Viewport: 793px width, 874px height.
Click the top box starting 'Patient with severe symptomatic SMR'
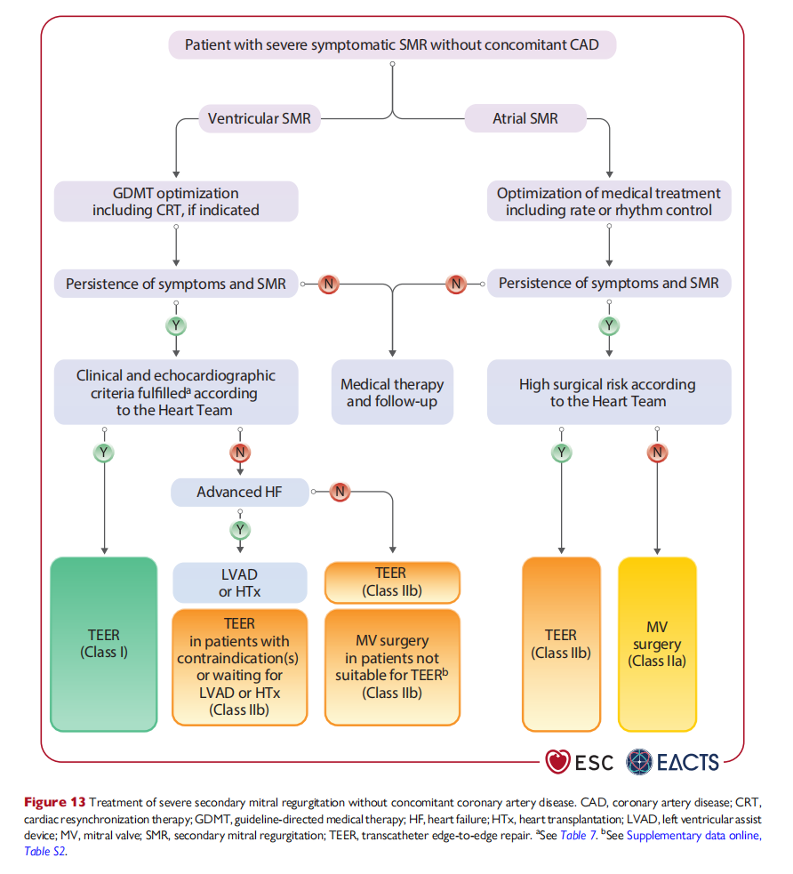pos(392,44)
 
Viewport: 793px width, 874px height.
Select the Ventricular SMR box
pos(260,118)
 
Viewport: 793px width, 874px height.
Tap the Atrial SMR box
pos(525,118)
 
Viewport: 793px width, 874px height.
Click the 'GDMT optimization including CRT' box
pos(176,201)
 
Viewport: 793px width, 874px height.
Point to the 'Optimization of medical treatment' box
pos(609,201)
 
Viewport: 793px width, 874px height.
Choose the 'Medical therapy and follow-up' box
pos(392,392)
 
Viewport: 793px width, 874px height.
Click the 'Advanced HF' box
pos(240,493)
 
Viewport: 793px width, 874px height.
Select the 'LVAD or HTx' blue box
pos(240,582)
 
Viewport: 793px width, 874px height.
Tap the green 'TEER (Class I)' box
pos(104,644)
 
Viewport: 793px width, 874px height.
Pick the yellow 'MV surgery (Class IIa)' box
pos(657,644)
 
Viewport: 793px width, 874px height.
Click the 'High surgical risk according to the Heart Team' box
pos(609,392)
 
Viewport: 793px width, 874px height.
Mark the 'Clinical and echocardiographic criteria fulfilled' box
pos(176,392)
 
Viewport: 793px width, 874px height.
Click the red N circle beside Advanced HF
pos(340,492)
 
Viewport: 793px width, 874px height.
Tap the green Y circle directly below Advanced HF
pos(240,530)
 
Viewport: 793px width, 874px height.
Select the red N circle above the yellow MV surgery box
pos(658,453)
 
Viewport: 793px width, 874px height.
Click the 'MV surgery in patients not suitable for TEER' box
pos(392,667)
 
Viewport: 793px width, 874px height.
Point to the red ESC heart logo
pos(557,761)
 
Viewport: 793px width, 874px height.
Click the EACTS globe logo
pos(639,761)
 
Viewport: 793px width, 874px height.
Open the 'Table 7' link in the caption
pos(578,836)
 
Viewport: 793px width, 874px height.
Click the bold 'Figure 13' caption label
pos(54,803)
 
